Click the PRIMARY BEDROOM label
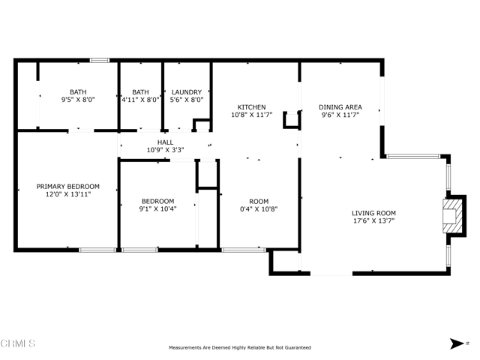pyautogui.click(x=68, y=187)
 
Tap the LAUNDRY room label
pyautogui.click(x=187, y=92)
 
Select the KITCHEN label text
pyautogui.click(x=252, y=107)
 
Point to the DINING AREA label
pyautogui.click(x=340, y=107)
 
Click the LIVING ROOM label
pyautogui.click(x=373, y=213)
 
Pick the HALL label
pyautogui.click(x=165, y=142)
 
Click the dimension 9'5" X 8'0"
pyautogui.click(x=78, y=100)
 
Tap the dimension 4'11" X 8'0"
pyautogui.click(x=140, y=100)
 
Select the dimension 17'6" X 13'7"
pyautogui.click(x=373, y=220)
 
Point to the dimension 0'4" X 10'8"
pyautogui.click(x=259, y=209)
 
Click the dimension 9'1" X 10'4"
pyautogui.click(x=158, y=208)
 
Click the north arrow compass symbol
pyautogui.click(x=457, y=343)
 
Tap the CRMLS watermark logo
pyautogui.click(x=18, y=343)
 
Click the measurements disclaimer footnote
pyautogui.click(x=240, y=348)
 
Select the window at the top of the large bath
pyautogui.click(x=100, y=60)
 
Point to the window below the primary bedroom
pyautogui.click(x=97, y=250)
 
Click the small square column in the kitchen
pyautogui.click(x=292, y=119)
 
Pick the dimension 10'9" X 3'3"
pyautogui.click(x=165, y=150)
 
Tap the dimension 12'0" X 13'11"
pyautogui.click(x=68, y=194)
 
